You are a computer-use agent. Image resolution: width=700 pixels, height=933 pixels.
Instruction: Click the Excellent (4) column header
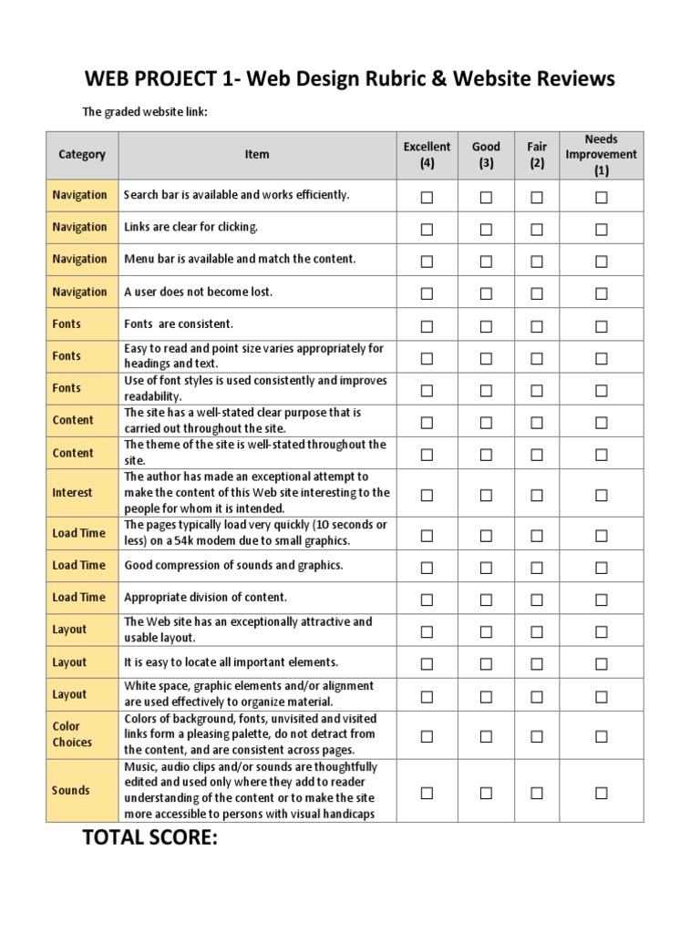click(x=427, y=155)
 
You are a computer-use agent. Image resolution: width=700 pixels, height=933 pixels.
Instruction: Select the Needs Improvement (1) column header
click(x=601, y=155)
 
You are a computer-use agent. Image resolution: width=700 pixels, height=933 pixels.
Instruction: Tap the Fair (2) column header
click(x=537, y=155)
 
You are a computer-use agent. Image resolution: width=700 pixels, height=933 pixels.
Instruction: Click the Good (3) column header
click(x=486, y=155)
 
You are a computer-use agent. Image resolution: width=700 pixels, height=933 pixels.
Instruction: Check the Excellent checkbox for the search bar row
click(x=427, y=197)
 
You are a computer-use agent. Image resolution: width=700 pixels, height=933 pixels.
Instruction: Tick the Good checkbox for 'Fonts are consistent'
click(x=486, y=326)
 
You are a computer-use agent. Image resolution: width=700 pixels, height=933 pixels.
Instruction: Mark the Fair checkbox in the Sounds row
click(x=537, y=793)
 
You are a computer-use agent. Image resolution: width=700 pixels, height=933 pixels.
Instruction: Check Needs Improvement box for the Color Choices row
click(x=601, y=736)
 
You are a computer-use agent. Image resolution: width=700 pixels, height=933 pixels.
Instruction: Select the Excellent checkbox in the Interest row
click(x=427, y=495)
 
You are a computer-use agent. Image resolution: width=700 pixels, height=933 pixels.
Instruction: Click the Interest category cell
click(x=72, y=493)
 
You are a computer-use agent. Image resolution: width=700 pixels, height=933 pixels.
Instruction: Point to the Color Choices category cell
click(x=72, y=734)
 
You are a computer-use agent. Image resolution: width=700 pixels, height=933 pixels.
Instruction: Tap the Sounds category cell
click(x=71, y=791)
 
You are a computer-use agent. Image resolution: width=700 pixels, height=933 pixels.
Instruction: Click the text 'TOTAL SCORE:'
click(x=150, y=839)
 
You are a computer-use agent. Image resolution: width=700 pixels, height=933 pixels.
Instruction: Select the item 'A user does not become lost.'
click(x=198, y=292)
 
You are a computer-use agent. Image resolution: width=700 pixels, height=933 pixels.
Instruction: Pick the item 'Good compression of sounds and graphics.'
click(x=233, y=565)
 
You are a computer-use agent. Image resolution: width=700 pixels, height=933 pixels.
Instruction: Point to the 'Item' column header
click(x=257, y=155)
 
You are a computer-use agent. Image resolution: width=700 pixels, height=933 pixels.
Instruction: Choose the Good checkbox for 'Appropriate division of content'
click(x=486, y=600)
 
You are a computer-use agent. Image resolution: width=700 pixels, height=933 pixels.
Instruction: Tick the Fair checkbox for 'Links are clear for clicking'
click(x=537, y=230)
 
